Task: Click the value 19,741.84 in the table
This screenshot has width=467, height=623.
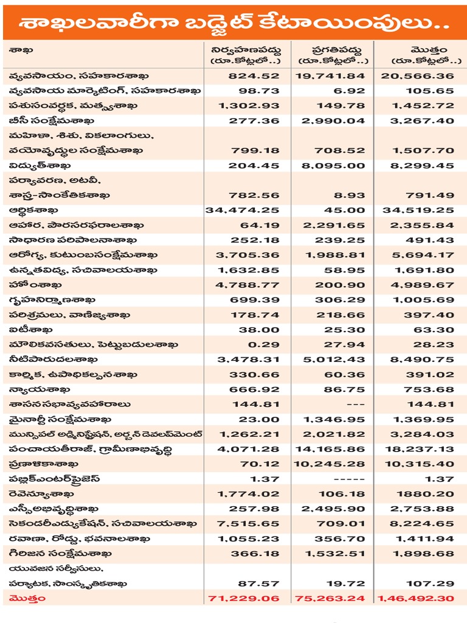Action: coord(331,76)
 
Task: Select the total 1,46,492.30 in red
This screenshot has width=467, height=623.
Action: coord(416,599)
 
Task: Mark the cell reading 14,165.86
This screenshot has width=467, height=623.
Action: coord(331,449)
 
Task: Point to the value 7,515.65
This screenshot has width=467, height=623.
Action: coord(249,524)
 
